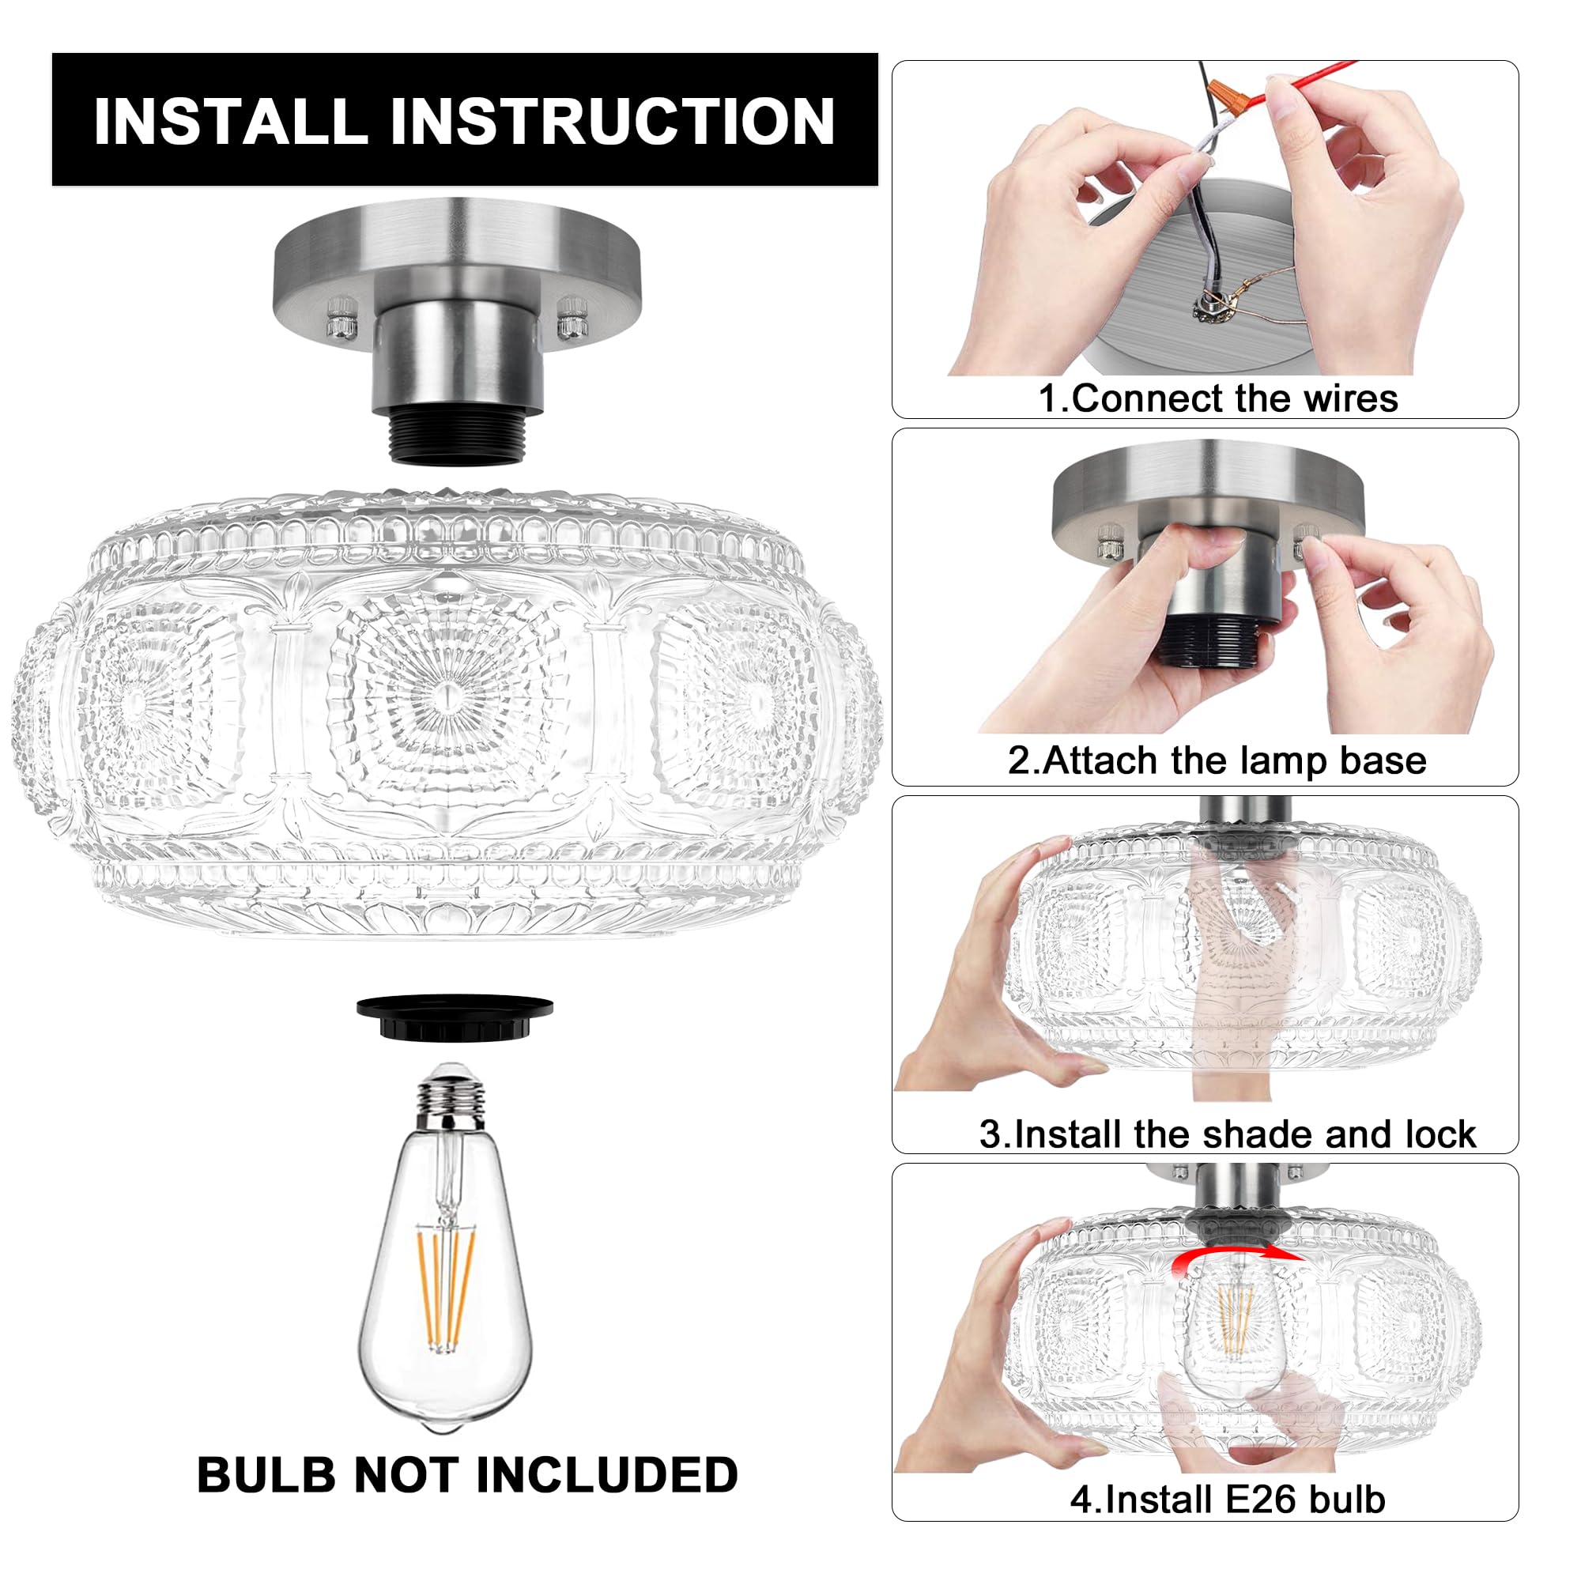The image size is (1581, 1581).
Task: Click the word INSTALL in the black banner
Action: [230, 122]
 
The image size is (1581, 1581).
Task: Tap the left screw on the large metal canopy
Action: [341, 319]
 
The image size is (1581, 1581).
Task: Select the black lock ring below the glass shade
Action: [455, 1017]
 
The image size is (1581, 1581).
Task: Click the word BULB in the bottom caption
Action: [266, 1475]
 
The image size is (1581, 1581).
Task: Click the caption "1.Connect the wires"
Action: [1217, 398]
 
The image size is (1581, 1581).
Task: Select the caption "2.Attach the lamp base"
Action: [1217, 760]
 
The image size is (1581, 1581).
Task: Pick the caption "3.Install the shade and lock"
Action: [1227, 1134]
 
